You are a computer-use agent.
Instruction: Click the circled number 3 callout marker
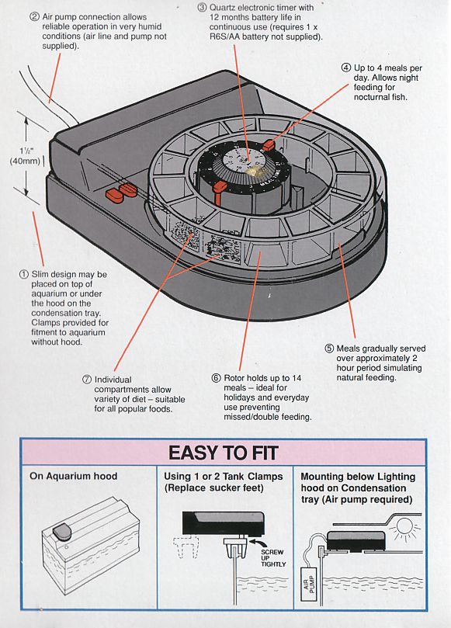[x=203, y=8]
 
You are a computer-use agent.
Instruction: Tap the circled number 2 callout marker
[x=35, y=17]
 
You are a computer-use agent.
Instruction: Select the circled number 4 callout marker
[x=346, y=68]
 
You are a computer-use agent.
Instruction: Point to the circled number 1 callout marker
[x=24, y=274]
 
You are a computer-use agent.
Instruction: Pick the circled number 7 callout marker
[x=87, y=380]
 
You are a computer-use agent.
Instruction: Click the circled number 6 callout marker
[x=217, y=378]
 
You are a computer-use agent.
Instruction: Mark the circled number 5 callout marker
[x=329, y=349]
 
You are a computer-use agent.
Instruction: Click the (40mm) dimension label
[x=25, y=161]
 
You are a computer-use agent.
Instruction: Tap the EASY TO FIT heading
[x=223, y=453]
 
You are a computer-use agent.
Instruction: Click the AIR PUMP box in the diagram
[x=309, y=584]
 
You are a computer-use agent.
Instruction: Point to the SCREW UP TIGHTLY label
[x=273, y=558]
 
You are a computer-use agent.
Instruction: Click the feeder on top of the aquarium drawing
[x=62, y=532]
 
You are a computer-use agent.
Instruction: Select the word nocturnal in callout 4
[x=369, y=97]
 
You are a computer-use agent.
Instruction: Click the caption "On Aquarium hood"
[x=73, y=476]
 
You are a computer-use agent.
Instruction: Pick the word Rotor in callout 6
[x=234, y=378]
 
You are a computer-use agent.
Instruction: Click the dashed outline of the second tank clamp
[x=186, y=548]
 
